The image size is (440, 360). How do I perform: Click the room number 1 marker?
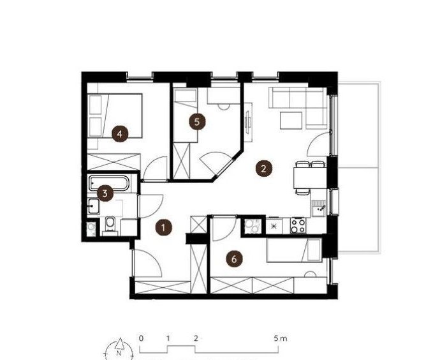164,227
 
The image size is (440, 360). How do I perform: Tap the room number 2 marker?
263,169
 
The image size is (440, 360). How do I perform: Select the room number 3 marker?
105,193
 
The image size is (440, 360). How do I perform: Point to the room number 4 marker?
120,134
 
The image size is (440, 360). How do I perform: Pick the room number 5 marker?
196,122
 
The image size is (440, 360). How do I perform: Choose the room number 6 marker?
234,259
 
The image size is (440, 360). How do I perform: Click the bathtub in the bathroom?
109,183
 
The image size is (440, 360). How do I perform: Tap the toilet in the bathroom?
110,225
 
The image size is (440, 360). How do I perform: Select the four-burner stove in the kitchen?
298,225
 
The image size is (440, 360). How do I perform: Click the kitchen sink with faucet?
319,208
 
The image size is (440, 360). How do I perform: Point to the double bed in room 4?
115,116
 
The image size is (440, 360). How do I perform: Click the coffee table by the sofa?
291,121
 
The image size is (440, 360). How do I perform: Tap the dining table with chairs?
310,177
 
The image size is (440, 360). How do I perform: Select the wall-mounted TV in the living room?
247,123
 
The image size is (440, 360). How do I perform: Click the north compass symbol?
119,349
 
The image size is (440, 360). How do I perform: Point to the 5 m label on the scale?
281,338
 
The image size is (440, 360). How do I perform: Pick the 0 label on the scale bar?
141,338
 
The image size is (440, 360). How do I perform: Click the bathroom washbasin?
93,206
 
